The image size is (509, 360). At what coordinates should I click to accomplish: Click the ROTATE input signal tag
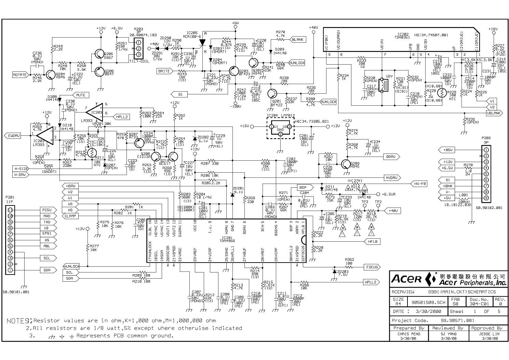(20, 75)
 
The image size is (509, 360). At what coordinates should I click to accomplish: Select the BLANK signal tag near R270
(297, 40)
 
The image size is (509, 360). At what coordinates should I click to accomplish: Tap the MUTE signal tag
(80, 95)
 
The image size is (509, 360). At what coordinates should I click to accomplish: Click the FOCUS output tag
(372, 267)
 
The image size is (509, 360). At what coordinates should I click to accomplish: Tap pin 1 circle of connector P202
(486, 150)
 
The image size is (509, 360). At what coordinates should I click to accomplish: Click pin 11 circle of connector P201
(10, 210)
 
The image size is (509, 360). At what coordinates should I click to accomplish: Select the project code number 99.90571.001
(457, 320)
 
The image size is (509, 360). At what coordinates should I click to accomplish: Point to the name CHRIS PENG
(409, 334)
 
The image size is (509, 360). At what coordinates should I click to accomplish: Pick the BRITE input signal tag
(164, 71)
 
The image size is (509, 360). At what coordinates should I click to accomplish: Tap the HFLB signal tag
(372, 241)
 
